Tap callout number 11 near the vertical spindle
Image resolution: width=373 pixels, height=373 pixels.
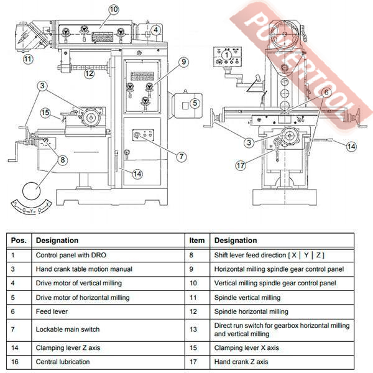tap(27, 60)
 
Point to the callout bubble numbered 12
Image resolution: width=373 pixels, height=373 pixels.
tap(89, 73)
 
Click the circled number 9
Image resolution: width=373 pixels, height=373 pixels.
tap(183, 61)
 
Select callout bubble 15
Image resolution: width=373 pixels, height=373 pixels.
tap(45, 113)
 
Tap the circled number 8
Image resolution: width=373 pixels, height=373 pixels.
tap(62, 159)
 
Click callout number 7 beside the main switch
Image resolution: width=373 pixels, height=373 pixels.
tap(182, 155)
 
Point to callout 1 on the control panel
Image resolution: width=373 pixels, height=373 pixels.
tap(227, 55)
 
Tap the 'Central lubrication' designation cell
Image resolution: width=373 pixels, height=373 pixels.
tap(63, 362)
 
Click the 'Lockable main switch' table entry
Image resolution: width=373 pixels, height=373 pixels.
tap(67, 329)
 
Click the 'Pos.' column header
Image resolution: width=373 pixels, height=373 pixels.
tap(18, 240)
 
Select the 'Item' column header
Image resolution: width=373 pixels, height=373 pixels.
tap(196, 240)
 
